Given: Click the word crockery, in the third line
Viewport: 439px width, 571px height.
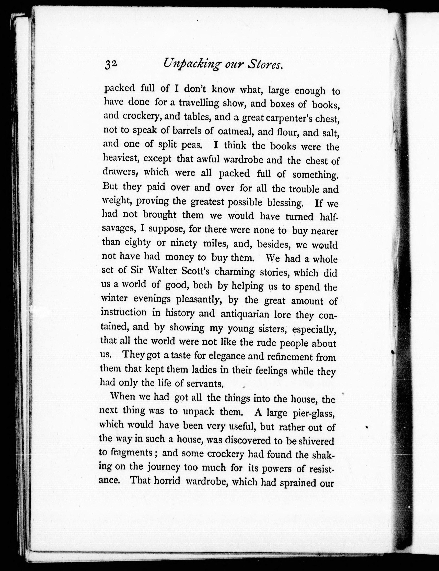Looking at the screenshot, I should (142, 116).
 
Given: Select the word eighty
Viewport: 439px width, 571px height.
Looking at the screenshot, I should (137, 243).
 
